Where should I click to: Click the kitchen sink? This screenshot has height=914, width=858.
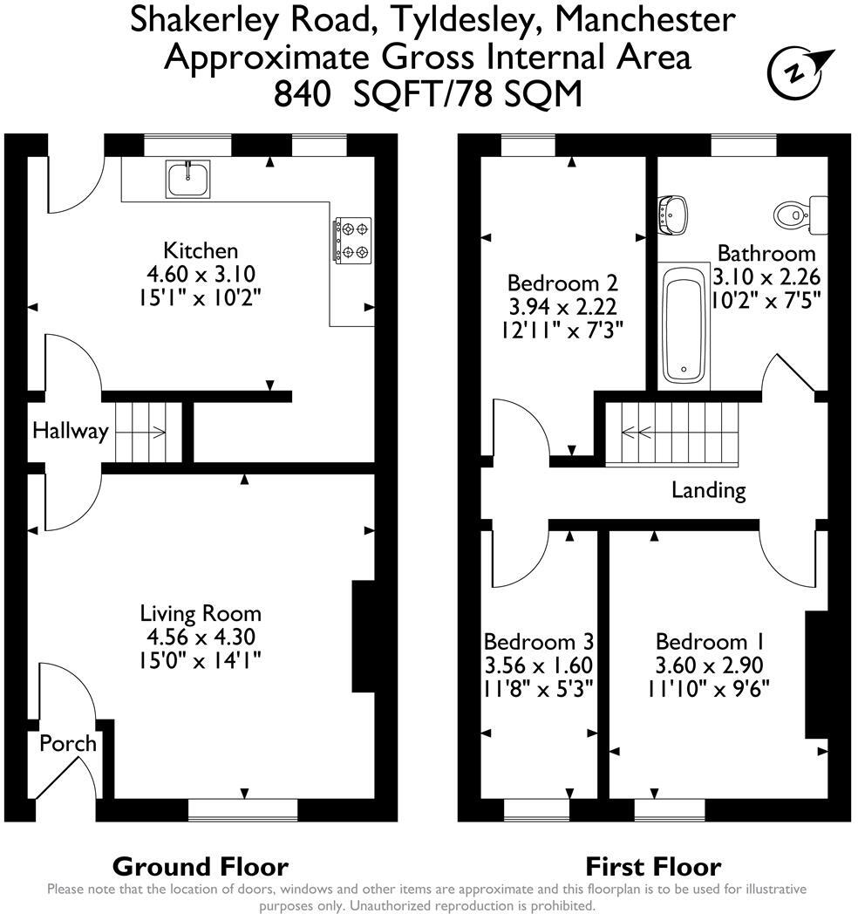tap(187, 179)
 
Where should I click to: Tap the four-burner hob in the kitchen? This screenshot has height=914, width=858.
tap(351, 240)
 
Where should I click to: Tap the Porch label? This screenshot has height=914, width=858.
tap(67, 743)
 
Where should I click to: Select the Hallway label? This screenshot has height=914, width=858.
tap(70, 431)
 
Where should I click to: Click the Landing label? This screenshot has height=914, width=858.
tap(708, 490)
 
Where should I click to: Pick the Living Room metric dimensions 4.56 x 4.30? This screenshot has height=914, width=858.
tap(201, 637)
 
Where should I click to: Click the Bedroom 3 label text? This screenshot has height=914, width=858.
tap(539, 642)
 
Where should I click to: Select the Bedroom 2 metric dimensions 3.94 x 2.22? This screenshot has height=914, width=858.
tap(562, 307)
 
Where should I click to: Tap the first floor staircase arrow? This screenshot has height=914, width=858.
tap(637, 431)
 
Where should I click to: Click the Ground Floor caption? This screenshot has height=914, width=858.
tap(201, 866)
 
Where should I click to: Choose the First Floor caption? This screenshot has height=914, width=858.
tap(652, 866)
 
